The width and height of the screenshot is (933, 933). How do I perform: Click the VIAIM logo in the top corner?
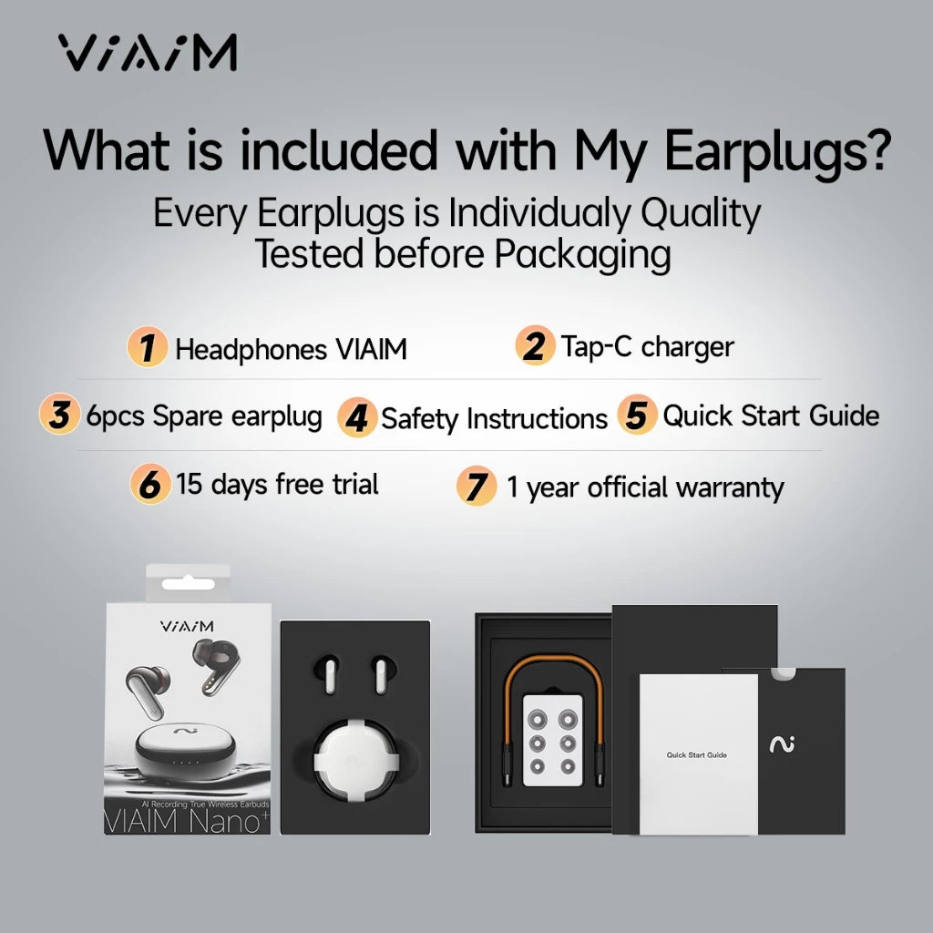click(x=149, y=53)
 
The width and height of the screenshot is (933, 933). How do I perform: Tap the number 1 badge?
click(x=147, y=348)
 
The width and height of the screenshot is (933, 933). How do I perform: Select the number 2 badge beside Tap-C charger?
click(x=535, y=347)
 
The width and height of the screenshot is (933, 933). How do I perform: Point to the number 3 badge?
click(x=59, y=415)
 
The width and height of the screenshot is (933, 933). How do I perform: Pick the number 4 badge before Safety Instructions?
click(x=357, y=418)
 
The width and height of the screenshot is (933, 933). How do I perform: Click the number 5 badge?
click(x=637, y=415)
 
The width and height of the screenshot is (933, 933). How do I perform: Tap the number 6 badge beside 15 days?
click(x=150, y=484)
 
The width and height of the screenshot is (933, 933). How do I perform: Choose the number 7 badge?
click(x=476, y=487)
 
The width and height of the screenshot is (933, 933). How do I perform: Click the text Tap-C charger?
click(x=647, y=347)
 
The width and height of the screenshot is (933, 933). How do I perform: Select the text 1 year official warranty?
click(x=645, y=487)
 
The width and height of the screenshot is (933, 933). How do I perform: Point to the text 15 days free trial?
click(x=277, y=484)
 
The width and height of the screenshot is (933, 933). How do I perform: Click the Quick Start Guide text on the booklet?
click(x=697, y=755)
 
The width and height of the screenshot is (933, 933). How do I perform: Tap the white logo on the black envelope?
click(x=782, y=744)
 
